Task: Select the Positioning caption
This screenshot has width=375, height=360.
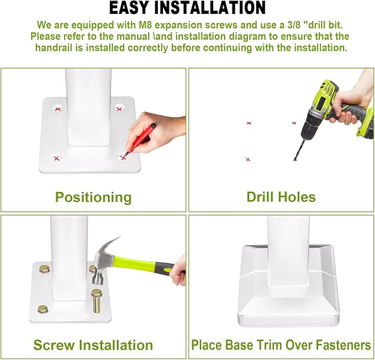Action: [93, 197]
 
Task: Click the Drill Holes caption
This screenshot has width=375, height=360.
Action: [281, 197]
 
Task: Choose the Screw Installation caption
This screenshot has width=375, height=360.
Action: [93, 346]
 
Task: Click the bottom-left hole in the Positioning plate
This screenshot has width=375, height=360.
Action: [56, 159]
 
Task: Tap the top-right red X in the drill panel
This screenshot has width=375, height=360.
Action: [294, 123]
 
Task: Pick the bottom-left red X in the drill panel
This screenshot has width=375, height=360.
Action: [248, 159]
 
